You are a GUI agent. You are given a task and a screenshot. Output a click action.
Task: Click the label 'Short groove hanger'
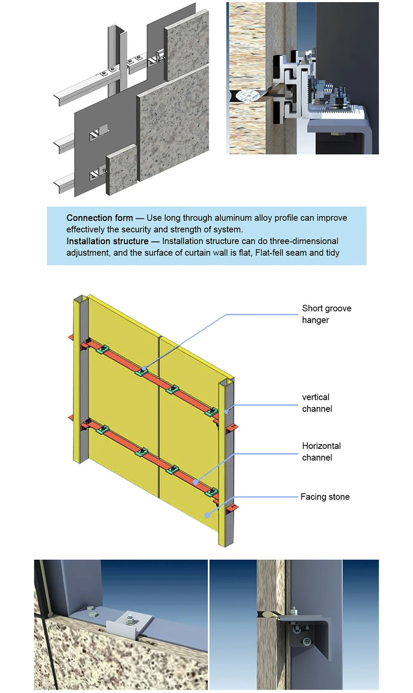coord(326,314)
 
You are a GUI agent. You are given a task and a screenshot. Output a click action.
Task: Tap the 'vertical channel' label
coord(317,403)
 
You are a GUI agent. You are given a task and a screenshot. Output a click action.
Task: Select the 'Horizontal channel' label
coord(321,452)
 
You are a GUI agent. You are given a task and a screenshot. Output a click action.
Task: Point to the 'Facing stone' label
coord(325,497)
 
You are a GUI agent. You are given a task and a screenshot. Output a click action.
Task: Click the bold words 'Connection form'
coord(99,218)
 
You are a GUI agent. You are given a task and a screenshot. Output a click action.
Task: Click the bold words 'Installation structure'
coord(107,241)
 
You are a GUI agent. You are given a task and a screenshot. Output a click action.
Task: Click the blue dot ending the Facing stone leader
coord(207,515)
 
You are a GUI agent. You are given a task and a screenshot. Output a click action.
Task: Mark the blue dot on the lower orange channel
coord(195,482)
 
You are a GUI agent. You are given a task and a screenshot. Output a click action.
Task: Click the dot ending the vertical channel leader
coord(226,411)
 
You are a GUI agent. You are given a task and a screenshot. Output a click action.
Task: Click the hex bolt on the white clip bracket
coord(130,618)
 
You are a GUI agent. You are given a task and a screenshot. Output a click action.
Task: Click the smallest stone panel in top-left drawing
coord(121,169)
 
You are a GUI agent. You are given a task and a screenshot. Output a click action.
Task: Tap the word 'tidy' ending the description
coord(332,252)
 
